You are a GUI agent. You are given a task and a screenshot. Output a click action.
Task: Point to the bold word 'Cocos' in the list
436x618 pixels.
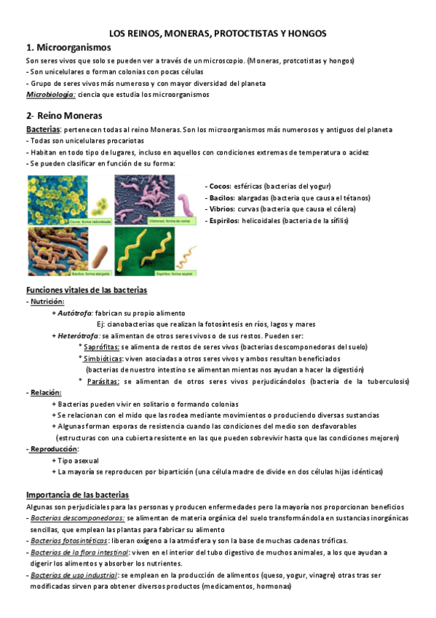pos(220,187)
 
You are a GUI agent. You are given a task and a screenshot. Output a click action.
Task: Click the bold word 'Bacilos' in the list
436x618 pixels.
pos(222,197)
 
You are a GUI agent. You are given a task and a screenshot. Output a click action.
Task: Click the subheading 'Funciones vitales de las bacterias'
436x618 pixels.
pos(87,290)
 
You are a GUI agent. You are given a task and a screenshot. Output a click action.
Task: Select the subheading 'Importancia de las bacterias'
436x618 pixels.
pos(77,494)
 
